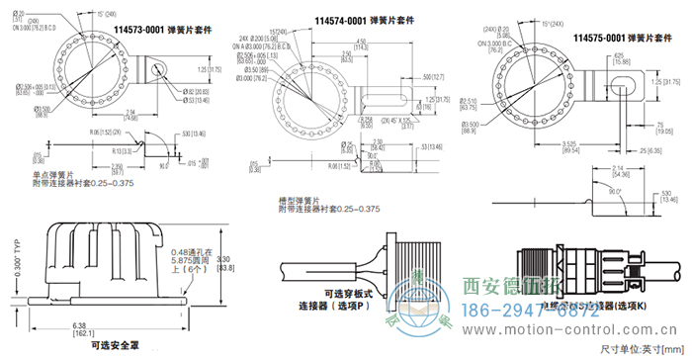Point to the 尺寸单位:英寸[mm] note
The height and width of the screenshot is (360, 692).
pyautogui.click(x=641, y=349)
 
